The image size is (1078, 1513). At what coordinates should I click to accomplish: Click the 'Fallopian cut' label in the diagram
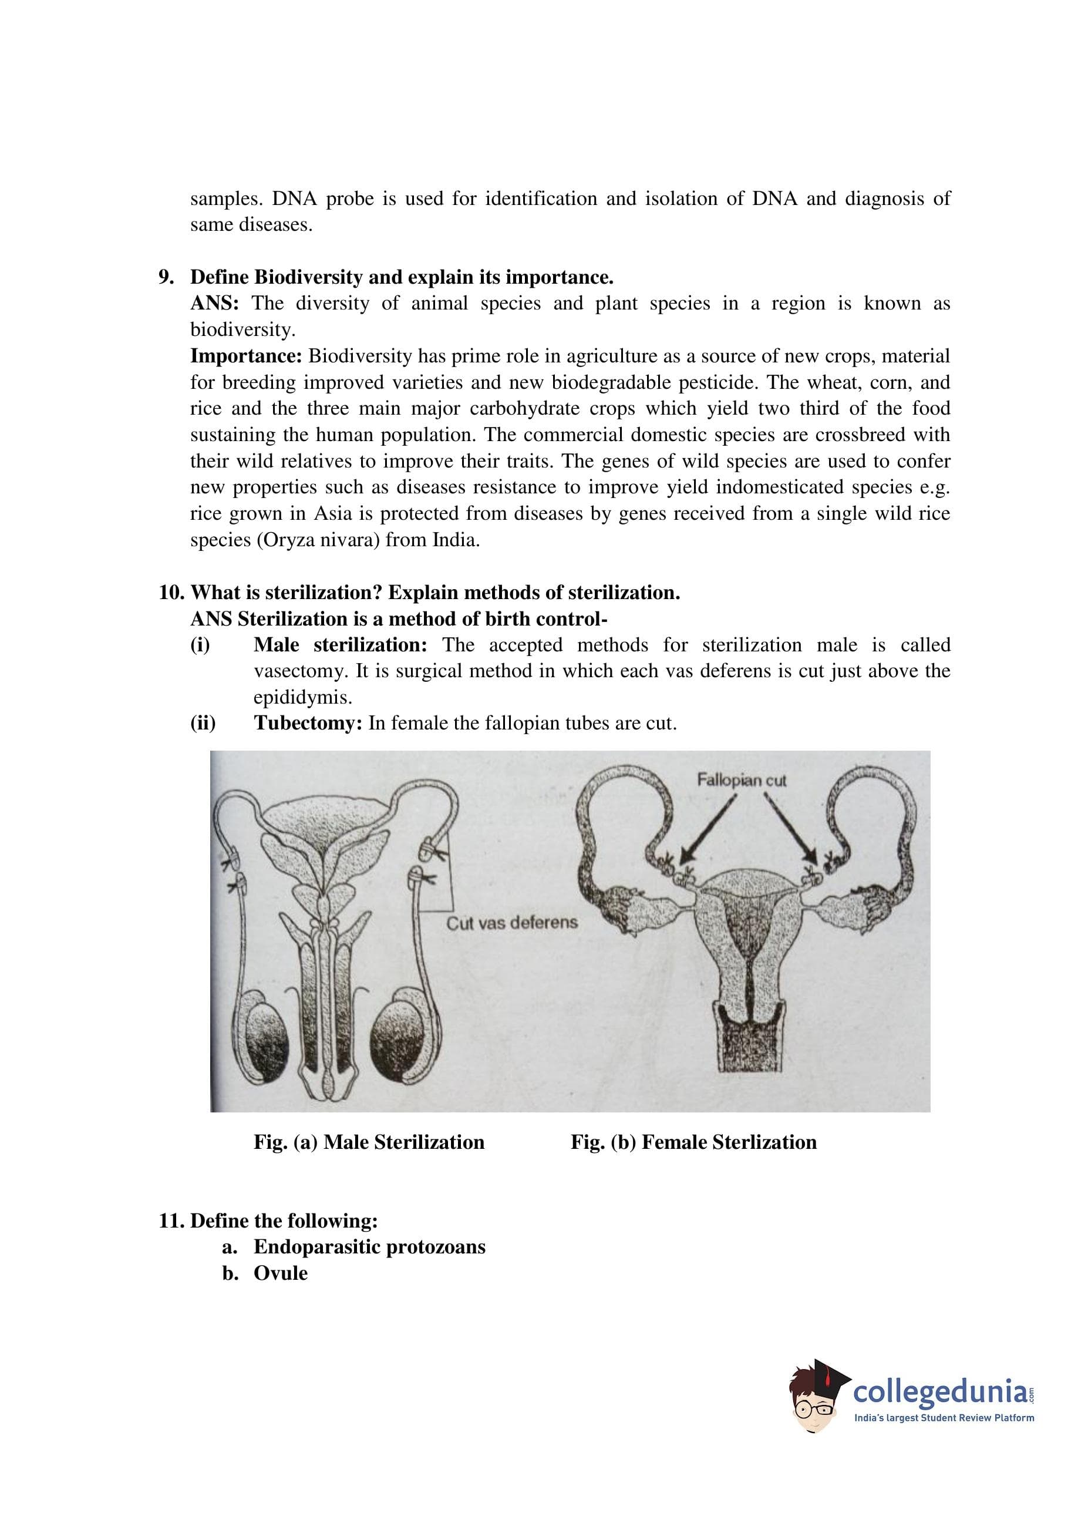[x=741, y=780]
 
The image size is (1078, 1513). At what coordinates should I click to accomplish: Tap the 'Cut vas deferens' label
[x=512, y=922]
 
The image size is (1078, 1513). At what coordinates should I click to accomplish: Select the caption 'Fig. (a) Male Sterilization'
[x=369, y=1142]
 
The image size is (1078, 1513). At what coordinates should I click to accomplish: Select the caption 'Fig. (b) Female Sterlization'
[x=693, y=1142]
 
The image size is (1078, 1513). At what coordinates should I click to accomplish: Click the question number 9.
[x=166, y=277]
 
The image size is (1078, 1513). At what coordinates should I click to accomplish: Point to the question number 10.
[x=171, y=592]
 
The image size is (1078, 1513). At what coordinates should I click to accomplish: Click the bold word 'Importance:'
[x=246, y=356]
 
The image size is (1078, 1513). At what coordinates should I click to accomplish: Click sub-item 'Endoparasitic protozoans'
[x=370, y=1247]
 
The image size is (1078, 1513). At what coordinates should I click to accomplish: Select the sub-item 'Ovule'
[x=281, y=1273]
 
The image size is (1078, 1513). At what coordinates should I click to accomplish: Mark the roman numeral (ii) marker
[x=203, y=723]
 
